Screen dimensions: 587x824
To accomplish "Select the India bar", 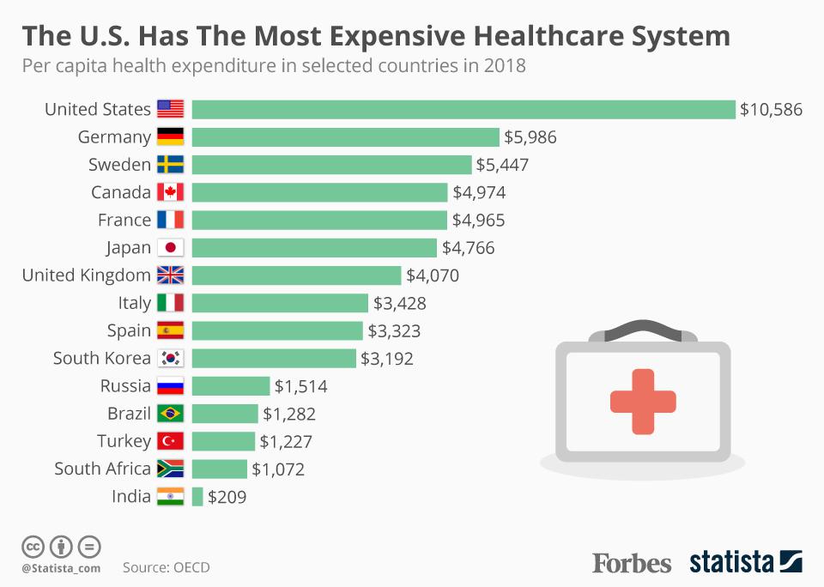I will coord(197,496).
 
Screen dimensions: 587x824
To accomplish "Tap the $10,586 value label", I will coord(772,110).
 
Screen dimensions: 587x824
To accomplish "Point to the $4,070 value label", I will coord(433,275).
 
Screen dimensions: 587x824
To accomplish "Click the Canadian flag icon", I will coord(170,192).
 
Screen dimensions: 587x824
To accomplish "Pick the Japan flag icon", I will coord(170,248).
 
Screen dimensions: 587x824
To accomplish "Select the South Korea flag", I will coord(170,359).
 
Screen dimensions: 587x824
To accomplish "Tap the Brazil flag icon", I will coord(170,414).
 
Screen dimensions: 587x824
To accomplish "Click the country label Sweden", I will coord(119,165).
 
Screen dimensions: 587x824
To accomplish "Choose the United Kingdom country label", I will coord(86,275).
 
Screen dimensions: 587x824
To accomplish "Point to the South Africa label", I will coord(102,469).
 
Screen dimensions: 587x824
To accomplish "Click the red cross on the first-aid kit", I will coord(643,402).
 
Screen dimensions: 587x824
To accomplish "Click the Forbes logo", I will coord(632,563).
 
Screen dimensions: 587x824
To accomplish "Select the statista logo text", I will coord(731,563).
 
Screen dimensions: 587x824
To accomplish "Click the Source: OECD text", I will coord(166,567).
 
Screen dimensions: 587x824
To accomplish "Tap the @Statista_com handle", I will coord(61,568).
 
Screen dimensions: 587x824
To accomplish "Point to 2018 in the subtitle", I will coord(504,66).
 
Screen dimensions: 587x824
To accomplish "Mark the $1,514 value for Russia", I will coord(300,386).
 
